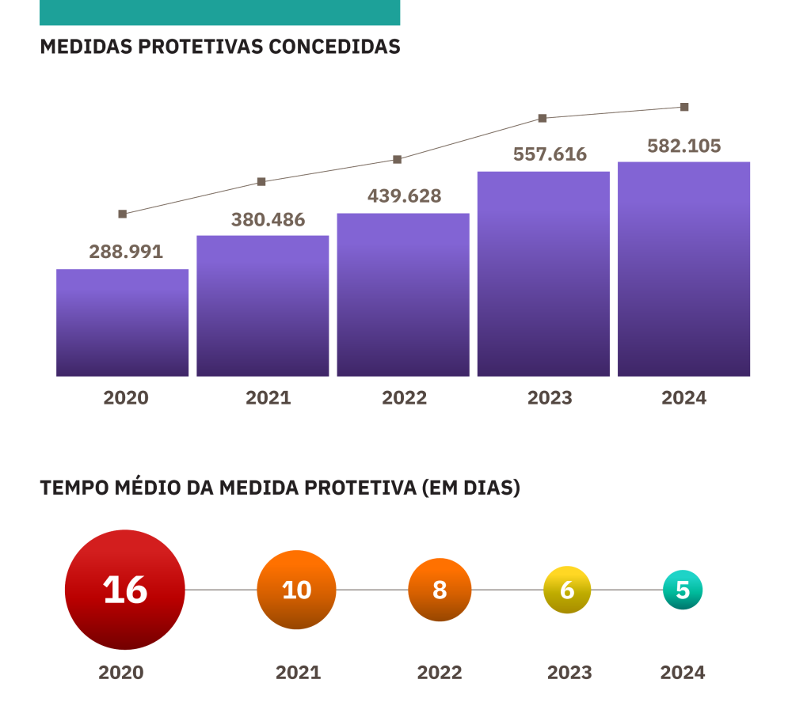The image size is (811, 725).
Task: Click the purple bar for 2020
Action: [122, 323]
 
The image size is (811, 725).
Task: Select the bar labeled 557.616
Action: [543, 274]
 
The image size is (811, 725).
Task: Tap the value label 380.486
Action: [268, 220]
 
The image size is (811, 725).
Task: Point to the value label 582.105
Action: [684, 146]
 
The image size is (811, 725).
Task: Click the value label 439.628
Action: [404, 196]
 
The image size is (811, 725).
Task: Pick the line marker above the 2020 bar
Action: [122, 214]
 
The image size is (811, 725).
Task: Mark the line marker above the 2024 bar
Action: [684, 107]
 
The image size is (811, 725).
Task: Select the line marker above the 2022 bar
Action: [398, 159]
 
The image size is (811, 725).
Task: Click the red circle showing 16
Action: [124, 590]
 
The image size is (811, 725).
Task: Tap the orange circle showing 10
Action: [296, 590]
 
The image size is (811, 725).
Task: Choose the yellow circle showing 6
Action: [567, 590]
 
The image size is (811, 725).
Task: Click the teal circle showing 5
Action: [683, 590]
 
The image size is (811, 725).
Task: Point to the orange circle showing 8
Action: [440, 590]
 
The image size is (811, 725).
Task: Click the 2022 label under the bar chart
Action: [404, 398]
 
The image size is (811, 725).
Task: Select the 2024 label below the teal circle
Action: [683, 673]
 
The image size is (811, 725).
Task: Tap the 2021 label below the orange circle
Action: [298, 673]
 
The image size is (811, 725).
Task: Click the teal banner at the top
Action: [219, 12]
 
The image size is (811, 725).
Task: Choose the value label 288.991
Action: [126, 252]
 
